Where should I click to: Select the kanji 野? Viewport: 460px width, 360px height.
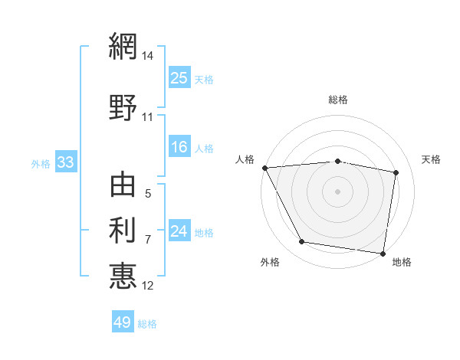pyautogui.click(x=123, y=107)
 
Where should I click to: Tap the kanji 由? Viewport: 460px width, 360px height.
pyautogui.click(x=123, y=186)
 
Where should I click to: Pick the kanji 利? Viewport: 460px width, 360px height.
pyautogui.click(x=123, y=229)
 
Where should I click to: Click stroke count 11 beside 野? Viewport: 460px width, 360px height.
pyautogui.click(x=148, y=117)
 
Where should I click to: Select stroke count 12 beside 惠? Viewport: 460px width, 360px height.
pyautogui.click(x=149, y=286)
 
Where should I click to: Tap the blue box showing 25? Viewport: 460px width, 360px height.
pyautogui.click(x=179, y=77)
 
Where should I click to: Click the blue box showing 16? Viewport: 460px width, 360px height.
pyautogui.click(x=179, y=148)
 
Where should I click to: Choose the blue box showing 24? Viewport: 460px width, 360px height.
pyautogui.click(x=179, y=232)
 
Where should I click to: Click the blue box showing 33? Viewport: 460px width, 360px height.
pyautogui.click(x=64, y=162)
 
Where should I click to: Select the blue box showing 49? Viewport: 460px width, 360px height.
pyautogui.click(x=123, y=322)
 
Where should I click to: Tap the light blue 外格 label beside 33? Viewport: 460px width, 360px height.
pyautogui.click(x=41, y=163)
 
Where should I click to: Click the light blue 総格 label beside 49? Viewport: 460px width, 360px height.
pyautogui.click(x=147, y=324)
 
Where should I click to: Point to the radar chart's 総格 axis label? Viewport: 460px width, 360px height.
pyautogui.click(x=337, y=100)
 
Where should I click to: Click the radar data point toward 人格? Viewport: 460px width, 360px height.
pyautogui.click(x=264, y=168)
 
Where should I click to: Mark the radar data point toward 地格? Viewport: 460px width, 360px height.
pyautogui.click(x=383, y=253)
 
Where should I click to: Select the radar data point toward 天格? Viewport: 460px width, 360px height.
pyautogui.click(x=396, y=172)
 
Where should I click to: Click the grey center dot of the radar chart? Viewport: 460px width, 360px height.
pyautogui.click(x=337, y=191)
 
